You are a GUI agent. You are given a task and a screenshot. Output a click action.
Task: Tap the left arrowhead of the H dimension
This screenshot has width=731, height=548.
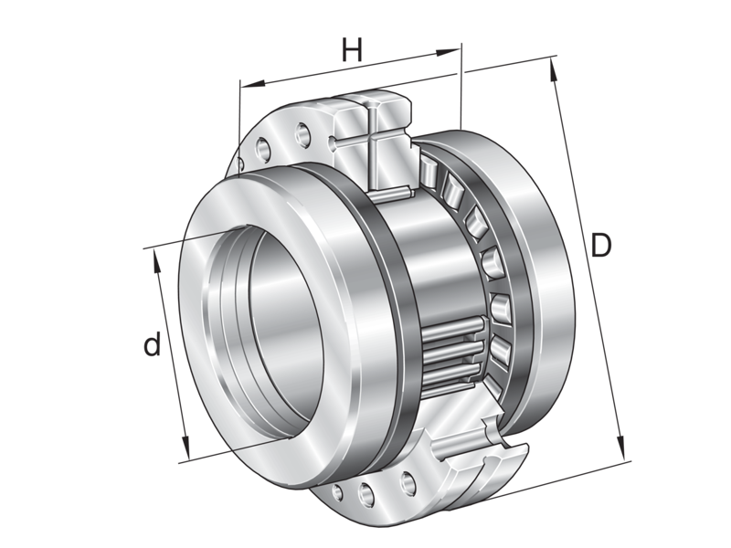(244, 86)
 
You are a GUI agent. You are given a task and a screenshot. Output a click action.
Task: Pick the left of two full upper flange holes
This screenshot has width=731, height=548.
(264, 145)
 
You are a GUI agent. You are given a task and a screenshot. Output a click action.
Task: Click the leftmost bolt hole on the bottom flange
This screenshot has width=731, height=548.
(338, 492)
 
